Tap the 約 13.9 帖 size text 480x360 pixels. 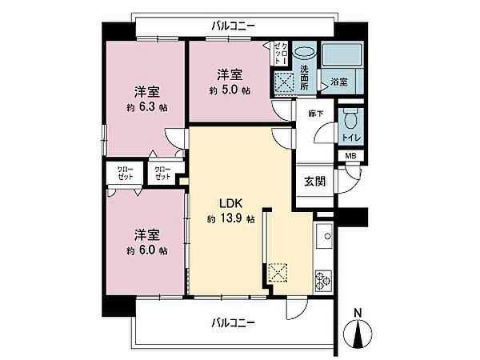pos(230,218)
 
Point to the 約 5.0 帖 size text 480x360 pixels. pos(230,90)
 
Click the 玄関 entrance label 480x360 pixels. pos(314,182)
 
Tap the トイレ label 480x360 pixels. pos(350,138)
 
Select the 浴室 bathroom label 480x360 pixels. pos(338,82)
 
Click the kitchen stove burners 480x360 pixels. pos(325,280)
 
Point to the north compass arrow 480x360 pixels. pos(358,330)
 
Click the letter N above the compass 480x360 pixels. pos(358,311)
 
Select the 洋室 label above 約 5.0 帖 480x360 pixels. pos(230,74)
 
